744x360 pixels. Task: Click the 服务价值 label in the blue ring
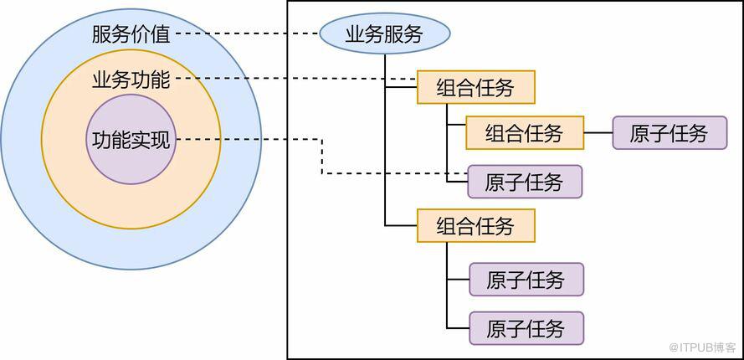click(x=131, y=34)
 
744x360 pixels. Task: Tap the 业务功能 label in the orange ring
click(x=131, y=80)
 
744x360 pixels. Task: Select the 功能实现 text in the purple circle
click(x=131, y=140)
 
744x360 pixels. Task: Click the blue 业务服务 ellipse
click(x=384, y=34)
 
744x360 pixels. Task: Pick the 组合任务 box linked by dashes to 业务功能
click(x=475, y=87)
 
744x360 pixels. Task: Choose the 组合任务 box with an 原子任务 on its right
click(x=524, y=132)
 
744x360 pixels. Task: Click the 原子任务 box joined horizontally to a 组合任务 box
click(x=670, y=132)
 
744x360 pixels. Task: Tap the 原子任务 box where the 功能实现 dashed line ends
click(x=524, y=182)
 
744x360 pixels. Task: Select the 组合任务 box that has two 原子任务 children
click(x=475, y=226)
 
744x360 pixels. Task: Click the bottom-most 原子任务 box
click(x=526, y=328)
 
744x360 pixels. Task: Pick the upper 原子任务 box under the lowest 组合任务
click(x=526, y=280)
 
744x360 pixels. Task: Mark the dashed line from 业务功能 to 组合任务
click(x=293, y=80)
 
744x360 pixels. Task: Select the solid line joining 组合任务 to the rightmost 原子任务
click(x=598, y=132)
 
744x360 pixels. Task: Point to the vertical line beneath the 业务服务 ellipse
click(x=385, y=151)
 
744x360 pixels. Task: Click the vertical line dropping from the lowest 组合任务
click(x=447, y=285)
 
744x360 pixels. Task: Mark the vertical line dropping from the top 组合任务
click(x=447, y=142)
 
